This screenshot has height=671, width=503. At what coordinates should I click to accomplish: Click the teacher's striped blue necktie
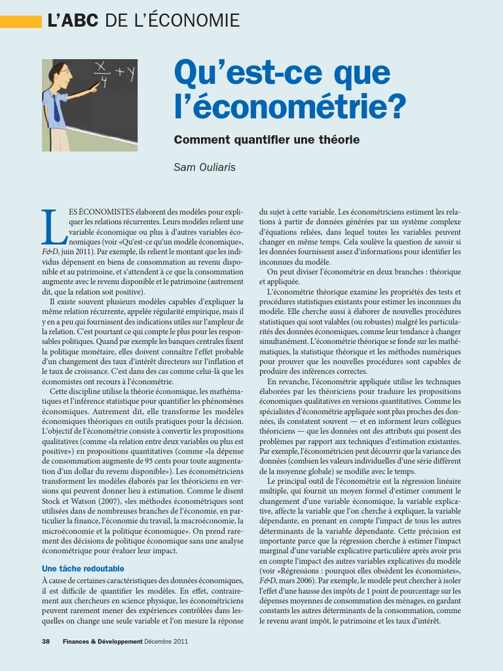point(57,108)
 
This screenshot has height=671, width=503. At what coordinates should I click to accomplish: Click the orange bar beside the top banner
point(20,22)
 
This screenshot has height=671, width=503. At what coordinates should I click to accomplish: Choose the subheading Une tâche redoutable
point(83,569)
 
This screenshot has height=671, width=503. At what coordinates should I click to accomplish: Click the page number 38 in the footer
point(46,642)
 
